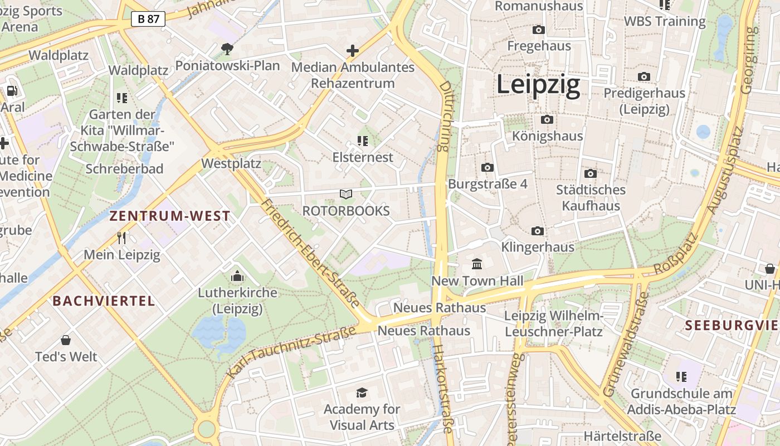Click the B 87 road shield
(149, 19)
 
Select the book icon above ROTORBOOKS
(346, 194)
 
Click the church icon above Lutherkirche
(237, 276)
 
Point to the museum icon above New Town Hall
(477, 264)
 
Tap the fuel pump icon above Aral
(12, 90)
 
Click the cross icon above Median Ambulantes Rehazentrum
(353, 51)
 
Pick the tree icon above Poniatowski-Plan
(227, 49)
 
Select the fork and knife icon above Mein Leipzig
(121, 238)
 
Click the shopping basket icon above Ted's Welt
(66, 340)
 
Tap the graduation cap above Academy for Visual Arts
(362, 392)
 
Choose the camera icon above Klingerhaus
(538, 231)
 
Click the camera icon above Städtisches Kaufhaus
(591, 173)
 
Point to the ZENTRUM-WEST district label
(170, 216)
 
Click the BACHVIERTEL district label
(104, 301)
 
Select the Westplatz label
(231, 164)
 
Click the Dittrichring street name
(444, 116)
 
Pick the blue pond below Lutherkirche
(220, 332)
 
